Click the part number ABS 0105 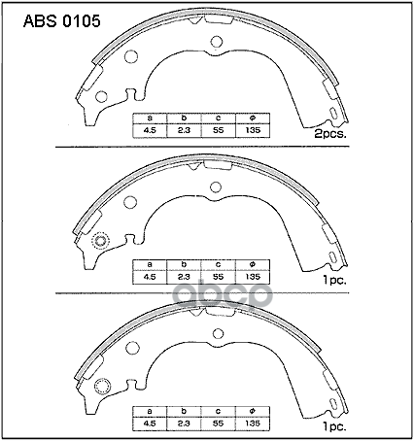(x=62, y=21)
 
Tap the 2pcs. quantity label (x=330, y=134)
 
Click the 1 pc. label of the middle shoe (x=334, y=281)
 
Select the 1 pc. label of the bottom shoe (x=334, y=427)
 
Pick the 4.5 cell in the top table (x=150, y=130)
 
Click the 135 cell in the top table (x=253, y=130)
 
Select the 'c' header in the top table (x=219, y=119)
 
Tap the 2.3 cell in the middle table (x=184, y=277)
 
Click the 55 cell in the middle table (x=219, y=277)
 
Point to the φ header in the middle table (x=253, y=264)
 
